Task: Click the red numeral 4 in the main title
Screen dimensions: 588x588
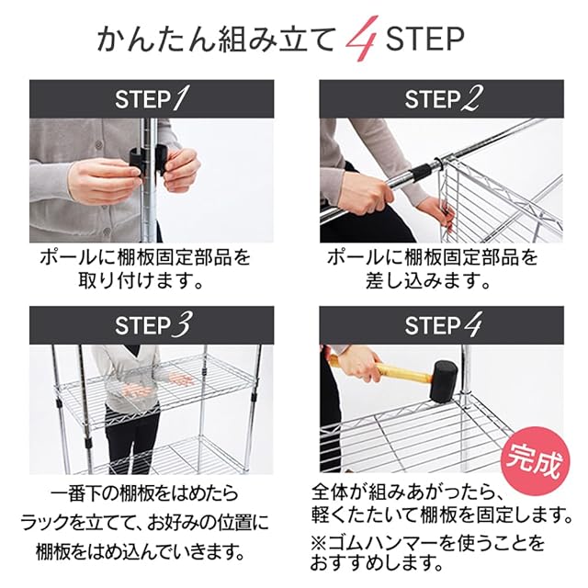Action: pyautogui.click(x=361, y=39)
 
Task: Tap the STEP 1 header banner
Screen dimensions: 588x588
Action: pyautogui.click(x=152, y=99)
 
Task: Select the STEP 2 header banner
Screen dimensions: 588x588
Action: pyautogui.click(x=441, y=99)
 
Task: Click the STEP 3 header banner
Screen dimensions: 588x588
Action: pyautogui.click(x=152, y=325)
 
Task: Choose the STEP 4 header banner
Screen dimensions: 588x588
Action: pyautogui.click(x=441, y=325)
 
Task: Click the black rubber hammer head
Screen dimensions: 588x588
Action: pyautogui.click(x=443, y=381)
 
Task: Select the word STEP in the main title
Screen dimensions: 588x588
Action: pyautogui.click(x=424, y=39)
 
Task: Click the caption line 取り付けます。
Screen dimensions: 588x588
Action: pyautogui.click(x=141, y=281)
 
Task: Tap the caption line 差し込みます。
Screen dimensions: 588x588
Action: pyautogui.click(x=428, y=281)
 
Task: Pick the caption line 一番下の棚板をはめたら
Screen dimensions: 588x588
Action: pyautogui.click(x=144, y=493)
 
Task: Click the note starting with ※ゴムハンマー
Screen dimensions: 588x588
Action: pyautogui.click(x=427, y=553)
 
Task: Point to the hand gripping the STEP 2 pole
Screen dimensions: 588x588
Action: pyautogui.click(x=363, y=194)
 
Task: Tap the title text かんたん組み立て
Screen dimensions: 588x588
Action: pyautogui.click(x=216, y=39)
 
